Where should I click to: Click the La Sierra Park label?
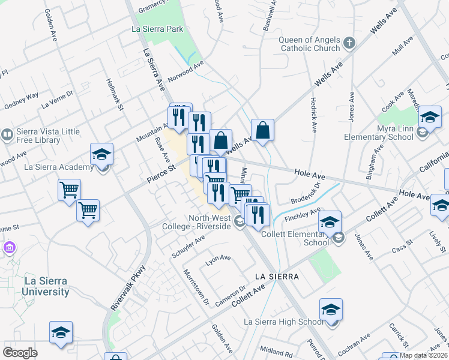pos(157,28)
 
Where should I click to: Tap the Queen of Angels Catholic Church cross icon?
pos(350,43)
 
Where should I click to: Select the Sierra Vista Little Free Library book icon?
pos(7,133)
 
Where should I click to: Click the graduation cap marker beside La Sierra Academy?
pos(101,154)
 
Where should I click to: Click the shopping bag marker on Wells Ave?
pos(262,130)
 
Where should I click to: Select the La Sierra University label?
pos(46,286)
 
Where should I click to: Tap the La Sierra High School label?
pos(283,322)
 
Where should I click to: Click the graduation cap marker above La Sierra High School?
pos(331,310)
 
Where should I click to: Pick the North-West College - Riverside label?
pos(209,222)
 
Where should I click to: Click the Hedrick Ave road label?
pos(313,114)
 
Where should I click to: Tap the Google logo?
pos(20,353)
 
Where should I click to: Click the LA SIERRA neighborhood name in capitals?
pos(276,277)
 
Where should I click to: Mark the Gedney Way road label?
pos(21,98)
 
